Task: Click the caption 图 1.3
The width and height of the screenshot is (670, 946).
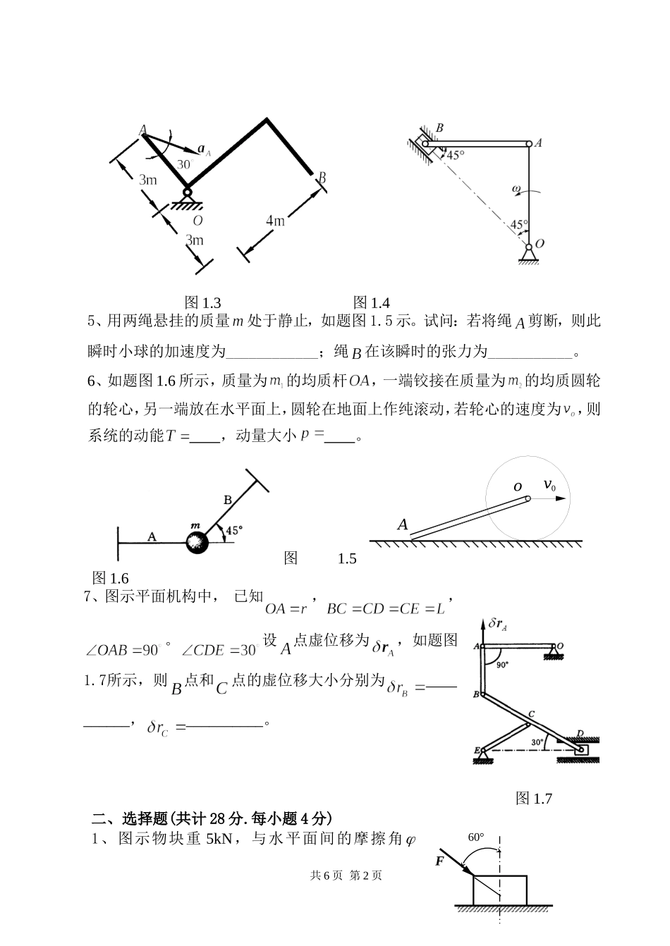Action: pyautogui.click(x=202, y=302)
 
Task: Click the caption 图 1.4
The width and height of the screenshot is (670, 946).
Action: pyautogui.click(x=371, y=302)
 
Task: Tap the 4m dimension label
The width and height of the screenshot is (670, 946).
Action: pyautogui.click(x=275, y=221)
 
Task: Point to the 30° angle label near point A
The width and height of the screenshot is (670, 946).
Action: pyautogui.click(x=185, y=164)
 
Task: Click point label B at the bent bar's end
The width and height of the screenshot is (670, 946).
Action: pyautogui.click(x=322, y=178)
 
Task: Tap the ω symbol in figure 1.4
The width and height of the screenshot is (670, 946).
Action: pyautogui.click(x=516, y=189)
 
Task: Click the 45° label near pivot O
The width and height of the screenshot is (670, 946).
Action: pyautogui.click(x=519, y=225)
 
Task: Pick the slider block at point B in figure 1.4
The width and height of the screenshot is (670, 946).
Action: pyautogui.click(x=430, y=143)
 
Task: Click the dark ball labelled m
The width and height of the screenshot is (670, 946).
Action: pyautogui.click(x=197, y=542)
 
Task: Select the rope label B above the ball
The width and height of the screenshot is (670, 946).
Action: pyautogui.click(x=227, y=500)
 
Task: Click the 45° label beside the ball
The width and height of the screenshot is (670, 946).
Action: pyautogui.click(x=233, y=529)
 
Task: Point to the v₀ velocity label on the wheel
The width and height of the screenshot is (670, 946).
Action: pyautogui.click(x=550, y=485)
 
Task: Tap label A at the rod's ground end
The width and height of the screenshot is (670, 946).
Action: pyautogui.click(x=403, y=524)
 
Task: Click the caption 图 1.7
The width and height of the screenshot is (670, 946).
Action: pyautogui.click(x=534, y=798)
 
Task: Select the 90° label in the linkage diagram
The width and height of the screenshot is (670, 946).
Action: pyautogui.click(x=501, y=664)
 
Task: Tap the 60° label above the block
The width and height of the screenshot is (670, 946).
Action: pyautogui.click(x=477, y=837)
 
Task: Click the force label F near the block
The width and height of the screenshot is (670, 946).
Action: pyautogui.click(x=440, y=861)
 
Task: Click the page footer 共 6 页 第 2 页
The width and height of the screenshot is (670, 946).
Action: pyautogui.click(x=346, y=875)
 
